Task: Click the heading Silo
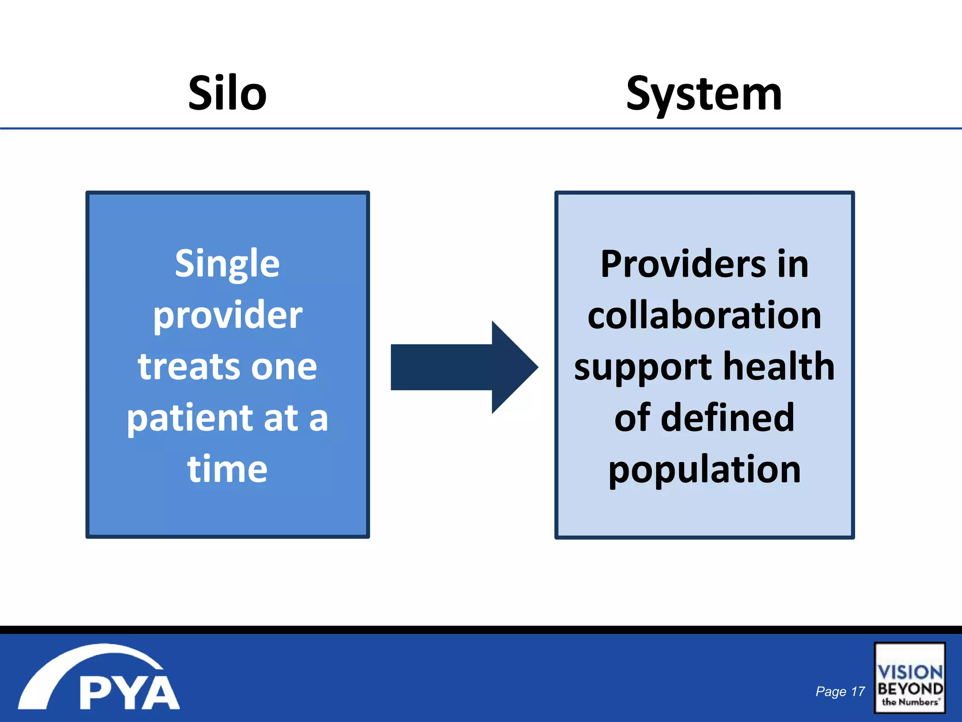click(x=227, y=94)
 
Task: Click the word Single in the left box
click(x=227, y=264)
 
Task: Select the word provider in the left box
click(x=227, y=316)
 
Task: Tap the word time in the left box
click(x=227, y=469)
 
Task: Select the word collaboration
click(x=704, y=315)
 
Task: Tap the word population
click(x=704, y=470)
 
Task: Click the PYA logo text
click(x=129, y=693)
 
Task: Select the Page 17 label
click(x=840, y=691)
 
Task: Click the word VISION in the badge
click(x=910, y=672)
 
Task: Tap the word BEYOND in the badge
click(x=910, y=689)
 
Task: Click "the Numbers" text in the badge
click(x=910, y=702)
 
